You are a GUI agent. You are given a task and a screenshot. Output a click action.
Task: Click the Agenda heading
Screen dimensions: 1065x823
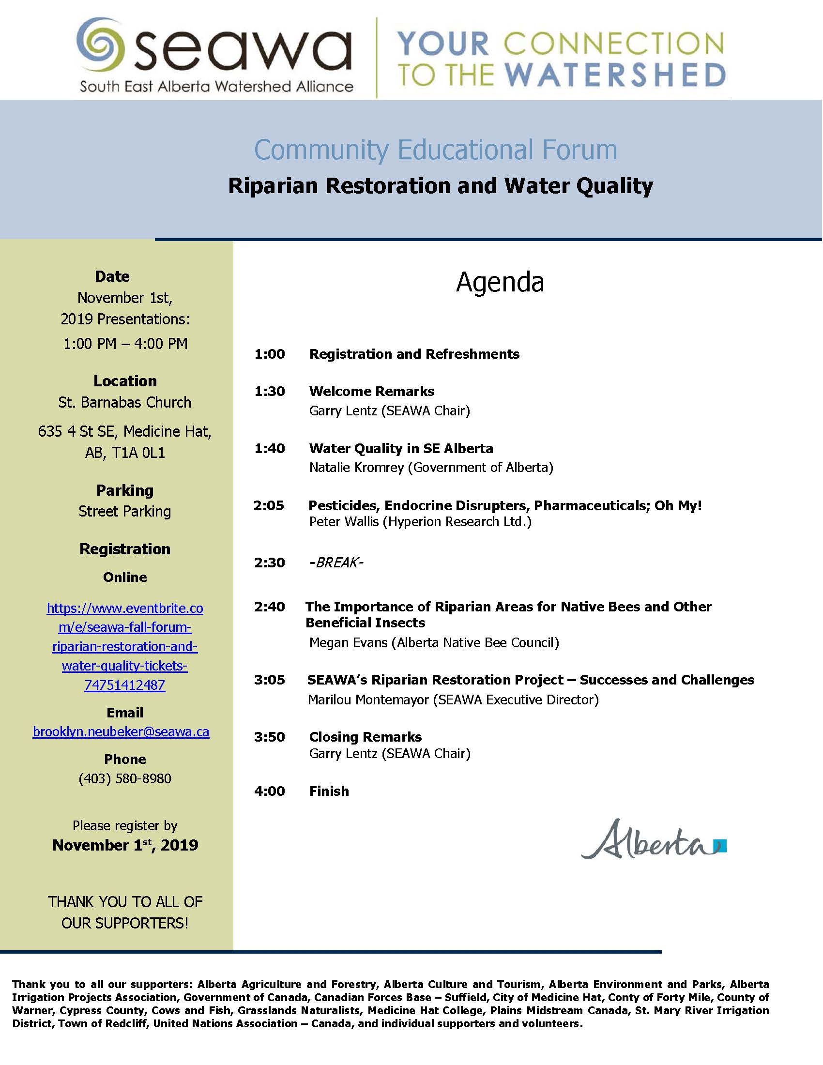(x=500, y=282)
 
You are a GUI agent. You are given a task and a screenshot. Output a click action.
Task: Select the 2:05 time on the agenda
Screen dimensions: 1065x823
(x=269, y=506)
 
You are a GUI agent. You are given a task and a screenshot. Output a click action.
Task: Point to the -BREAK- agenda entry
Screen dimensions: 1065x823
(x=336, y=563)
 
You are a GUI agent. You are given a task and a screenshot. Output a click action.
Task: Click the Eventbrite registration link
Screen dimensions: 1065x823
(x=125, y=646)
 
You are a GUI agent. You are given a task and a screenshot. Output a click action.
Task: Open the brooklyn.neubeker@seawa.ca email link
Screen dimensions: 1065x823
(x=121, y=732)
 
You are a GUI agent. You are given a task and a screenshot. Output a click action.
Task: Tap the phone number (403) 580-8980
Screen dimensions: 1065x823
(x=125, y=778)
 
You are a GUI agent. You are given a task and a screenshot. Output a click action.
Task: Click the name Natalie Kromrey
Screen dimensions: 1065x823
(x=356, y=468)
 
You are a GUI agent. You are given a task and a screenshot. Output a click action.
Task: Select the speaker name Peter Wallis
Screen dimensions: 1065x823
(x=344, y=522)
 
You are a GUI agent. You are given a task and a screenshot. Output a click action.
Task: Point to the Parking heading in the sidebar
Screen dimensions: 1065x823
(x=125, y=490)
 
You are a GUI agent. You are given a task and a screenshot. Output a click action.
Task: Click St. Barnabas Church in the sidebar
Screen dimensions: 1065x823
(x=125, y=402)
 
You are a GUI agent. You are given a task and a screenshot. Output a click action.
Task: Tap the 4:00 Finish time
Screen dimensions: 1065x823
(x=269, y=791)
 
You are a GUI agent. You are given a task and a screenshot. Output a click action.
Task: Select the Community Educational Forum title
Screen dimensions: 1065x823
(x=435, y=150)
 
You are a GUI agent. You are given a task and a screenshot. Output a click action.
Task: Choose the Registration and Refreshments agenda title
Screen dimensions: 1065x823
(x=414, y=354)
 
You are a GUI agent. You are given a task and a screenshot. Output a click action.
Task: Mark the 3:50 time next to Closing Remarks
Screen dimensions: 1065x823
(x=269, y=737)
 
